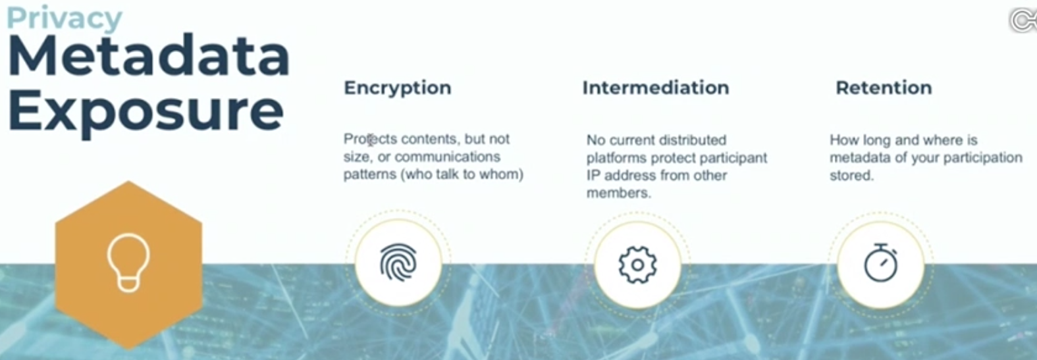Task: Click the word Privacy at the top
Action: point(65,18)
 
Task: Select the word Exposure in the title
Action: point(146,111)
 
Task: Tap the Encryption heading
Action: point(397,88)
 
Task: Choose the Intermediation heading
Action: point(656,88)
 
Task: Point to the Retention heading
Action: point(884,88)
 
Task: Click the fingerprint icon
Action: point(398,263)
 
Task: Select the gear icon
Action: point(637,265)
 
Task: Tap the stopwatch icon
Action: point(881,263)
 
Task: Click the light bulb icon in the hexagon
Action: point(128,263)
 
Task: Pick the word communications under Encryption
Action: point(447,157)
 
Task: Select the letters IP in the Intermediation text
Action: point(593,175)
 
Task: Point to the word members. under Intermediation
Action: point(618,193)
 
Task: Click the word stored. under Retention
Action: point(851,175)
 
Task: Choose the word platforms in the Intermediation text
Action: point(617,158)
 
